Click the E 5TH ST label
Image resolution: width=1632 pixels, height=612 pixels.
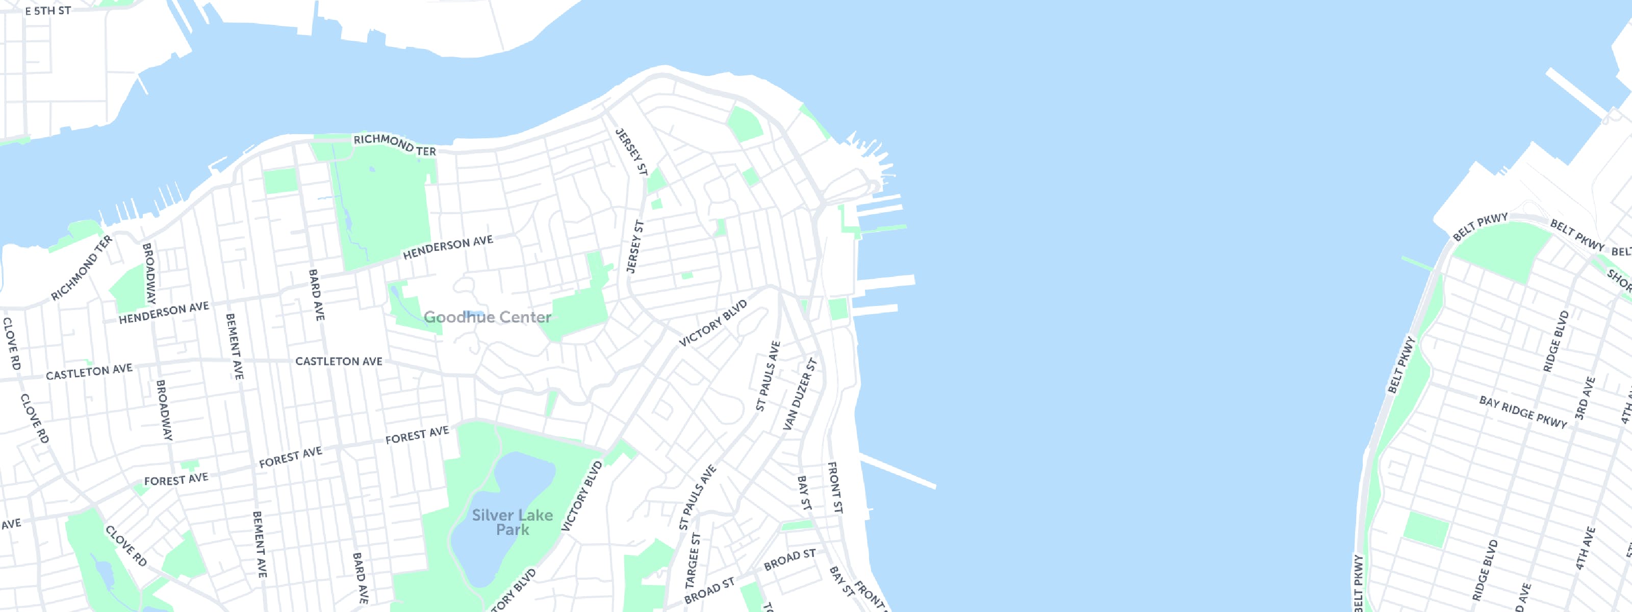click(x=47, y=11)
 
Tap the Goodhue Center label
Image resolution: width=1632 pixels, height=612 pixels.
click(x=487, y=317)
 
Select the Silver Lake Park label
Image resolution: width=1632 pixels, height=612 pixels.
click(x=512, y=523)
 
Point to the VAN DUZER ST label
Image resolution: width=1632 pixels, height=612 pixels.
click(x=800, y=394)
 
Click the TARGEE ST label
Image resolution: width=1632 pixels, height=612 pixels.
click(x=693, y=560)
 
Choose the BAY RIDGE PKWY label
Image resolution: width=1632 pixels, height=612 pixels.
click(x=1522, y=412)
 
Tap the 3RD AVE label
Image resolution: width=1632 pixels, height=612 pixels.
click(x=1585, y=398)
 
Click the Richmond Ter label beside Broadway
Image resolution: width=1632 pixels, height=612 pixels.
click(x=81, y=267)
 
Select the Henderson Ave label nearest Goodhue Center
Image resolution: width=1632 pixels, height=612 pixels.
click(x=447, y=247)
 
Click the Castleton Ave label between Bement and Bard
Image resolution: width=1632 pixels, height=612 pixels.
click(x=339, y=361)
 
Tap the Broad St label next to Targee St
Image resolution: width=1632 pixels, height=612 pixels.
click(x=709, y=591)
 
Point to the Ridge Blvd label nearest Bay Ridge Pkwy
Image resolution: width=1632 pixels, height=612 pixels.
click(x=1555, y=341)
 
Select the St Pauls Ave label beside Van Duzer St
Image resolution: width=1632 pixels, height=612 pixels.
click(x=768, y=376)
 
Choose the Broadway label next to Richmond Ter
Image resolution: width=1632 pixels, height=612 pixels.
click(x=149, y=273)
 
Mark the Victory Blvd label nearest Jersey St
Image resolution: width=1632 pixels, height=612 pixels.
click(x=713, y=323)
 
